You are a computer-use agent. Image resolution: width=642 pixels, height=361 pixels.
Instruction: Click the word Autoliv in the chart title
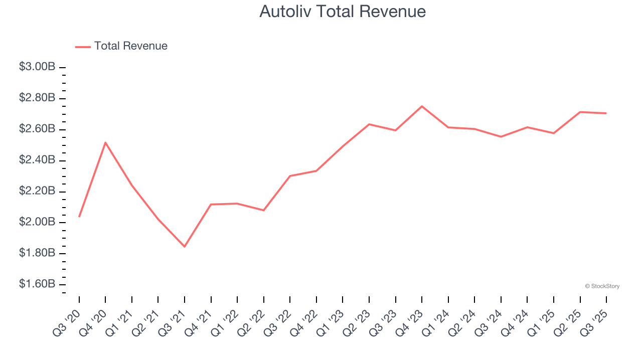pyautogui.click(x=282, y=12)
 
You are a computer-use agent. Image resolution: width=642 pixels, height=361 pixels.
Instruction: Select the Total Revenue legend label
pyautogui.click(x=130, y=46)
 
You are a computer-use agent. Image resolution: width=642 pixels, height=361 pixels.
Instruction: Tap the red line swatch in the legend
pyautogui.click(x=83, y=47)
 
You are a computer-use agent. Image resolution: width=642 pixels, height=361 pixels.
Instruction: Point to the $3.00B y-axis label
pyautogui.click(x=37, y=67)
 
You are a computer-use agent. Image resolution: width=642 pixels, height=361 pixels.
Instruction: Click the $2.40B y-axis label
pyautogui.click(x=37, y=160)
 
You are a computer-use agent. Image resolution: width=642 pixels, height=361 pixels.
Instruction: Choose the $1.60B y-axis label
pyautogui.click(x=37, y=284)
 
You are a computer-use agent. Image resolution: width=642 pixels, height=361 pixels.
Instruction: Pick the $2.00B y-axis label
pyautogui.click(x=37, y=222)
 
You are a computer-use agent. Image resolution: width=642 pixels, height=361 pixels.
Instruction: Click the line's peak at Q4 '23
pyautogui.click(x=422, y=106)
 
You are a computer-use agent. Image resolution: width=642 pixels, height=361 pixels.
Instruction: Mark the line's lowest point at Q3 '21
pyautogui.click(x=185, y=247)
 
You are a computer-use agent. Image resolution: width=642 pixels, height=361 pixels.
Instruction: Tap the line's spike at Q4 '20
pyautogui.click(x=105, y=142)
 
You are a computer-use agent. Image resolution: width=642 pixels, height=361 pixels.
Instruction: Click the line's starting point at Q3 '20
pyautogui.click(x=79, y=217)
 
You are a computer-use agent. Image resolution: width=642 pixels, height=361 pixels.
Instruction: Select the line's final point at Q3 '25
pyautogui.click(x=606, y=113)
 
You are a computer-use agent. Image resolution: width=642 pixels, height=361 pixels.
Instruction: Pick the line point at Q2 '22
pyautogui.click(x=264, y=210)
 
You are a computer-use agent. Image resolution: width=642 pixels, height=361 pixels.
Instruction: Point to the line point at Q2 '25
pyautogui.click(x=580, y=112)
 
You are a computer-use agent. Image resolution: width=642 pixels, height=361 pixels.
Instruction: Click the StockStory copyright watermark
pyautogui.click(x=602, y=286)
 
